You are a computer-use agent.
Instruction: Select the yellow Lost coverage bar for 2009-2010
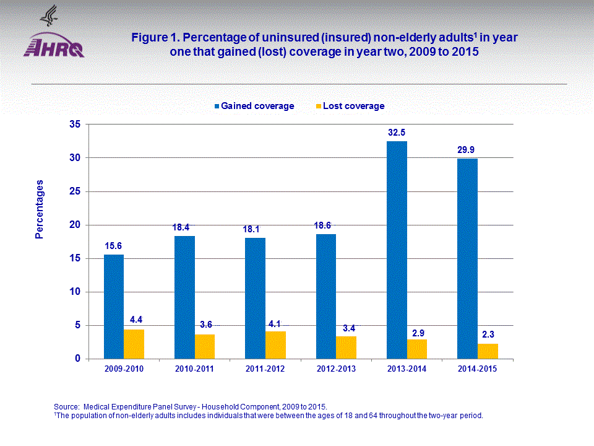point(134,344)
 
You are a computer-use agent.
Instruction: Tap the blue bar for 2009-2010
point(113,307)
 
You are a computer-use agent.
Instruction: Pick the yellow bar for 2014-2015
point(488,351)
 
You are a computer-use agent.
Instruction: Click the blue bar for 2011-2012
point(255,298)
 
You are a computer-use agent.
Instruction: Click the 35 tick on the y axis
point(75,125)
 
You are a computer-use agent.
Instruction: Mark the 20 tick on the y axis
point(75,225)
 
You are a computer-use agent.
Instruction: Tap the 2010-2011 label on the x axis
point(194,369)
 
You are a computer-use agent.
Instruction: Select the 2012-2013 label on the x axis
point(336,369)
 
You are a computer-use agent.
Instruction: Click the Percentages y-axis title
point(40,209)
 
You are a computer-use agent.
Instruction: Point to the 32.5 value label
point(397,133)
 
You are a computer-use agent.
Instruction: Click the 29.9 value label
point(467,149)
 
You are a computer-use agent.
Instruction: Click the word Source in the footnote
point(67,406)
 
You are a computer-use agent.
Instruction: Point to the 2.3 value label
point(488,334)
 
